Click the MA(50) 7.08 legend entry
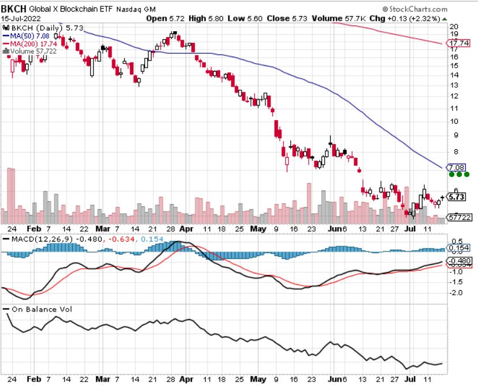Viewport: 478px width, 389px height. pos(29,35)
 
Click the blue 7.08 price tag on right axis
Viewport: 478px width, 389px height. pos(454,166)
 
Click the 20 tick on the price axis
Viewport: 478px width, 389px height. pos(454,27)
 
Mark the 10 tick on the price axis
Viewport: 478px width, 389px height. pos(454,121)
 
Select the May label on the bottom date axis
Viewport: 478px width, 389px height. pos(258,380)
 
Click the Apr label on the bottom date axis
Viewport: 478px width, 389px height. pos(186,380)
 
